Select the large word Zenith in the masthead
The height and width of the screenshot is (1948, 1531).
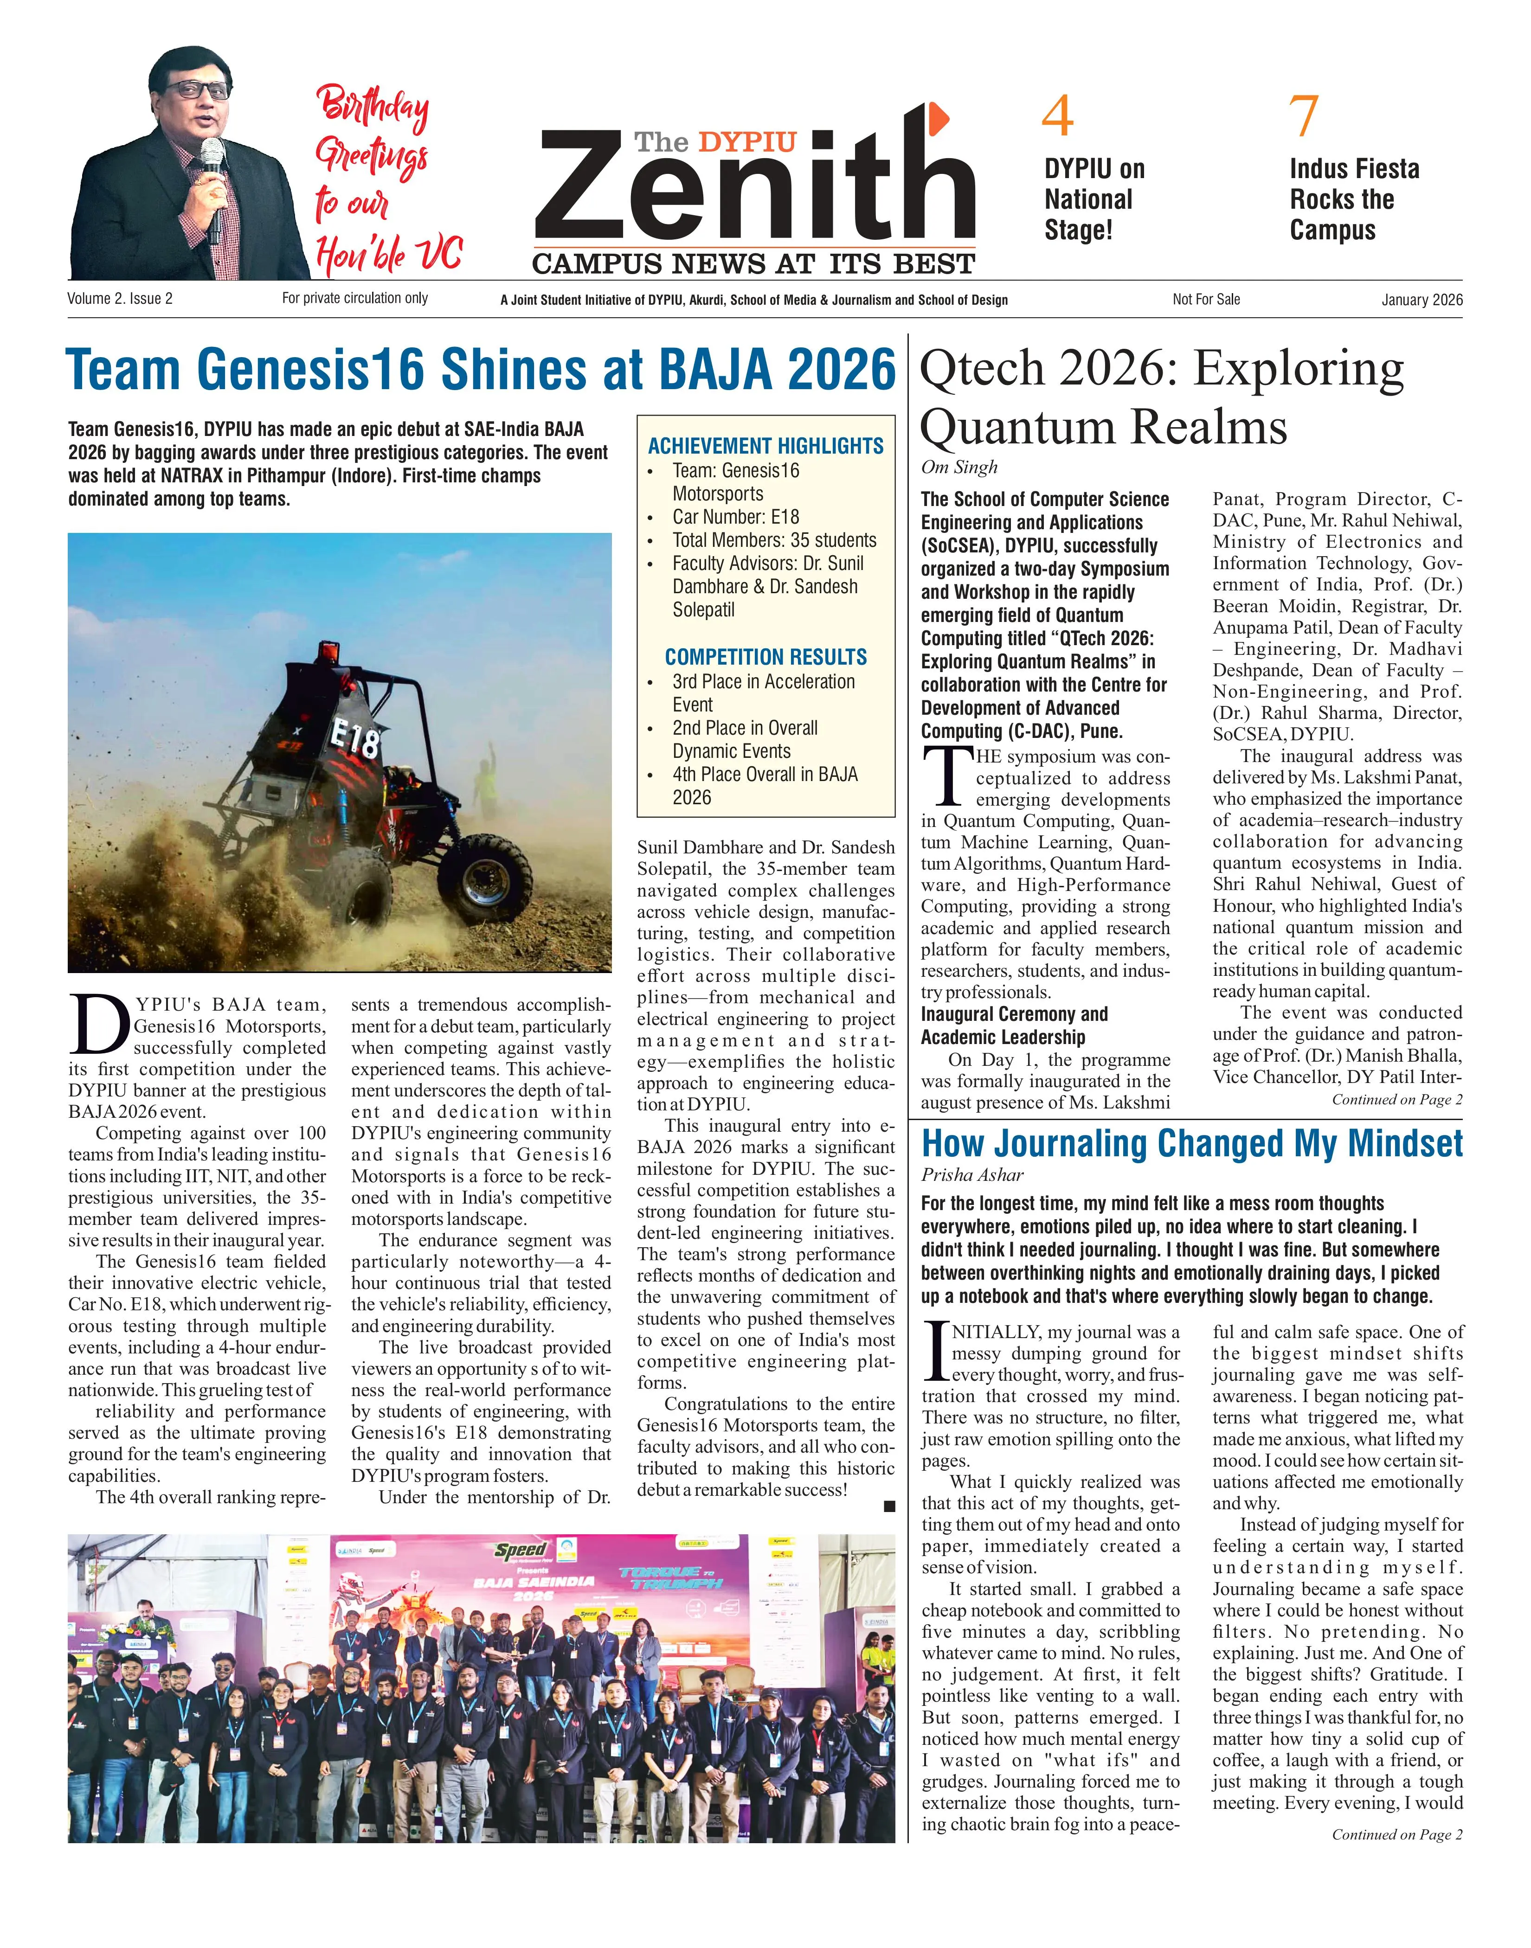point(755,188)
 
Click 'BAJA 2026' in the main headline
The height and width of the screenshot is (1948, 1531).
point(776,369)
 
